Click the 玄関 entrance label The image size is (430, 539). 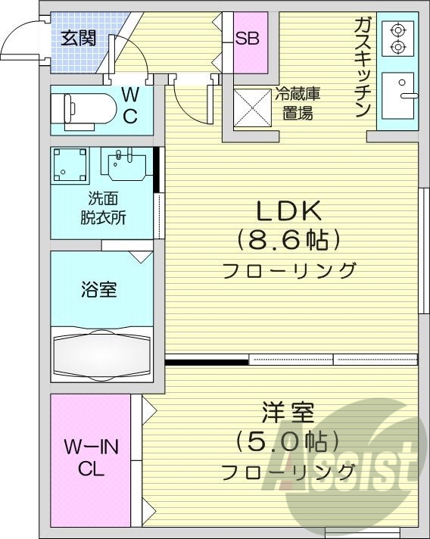(x=78, y=36)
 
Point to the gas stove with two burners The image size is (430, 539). (x=397, y=39)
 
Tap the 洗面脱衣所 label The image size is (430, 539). (x=103, y=207)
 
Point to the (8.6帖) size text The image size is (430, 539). (x=288, y=241)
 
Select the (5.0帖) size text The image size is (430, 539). (x=288, y=441)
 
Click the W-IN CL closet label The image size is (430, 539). (x=91, y=457)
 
